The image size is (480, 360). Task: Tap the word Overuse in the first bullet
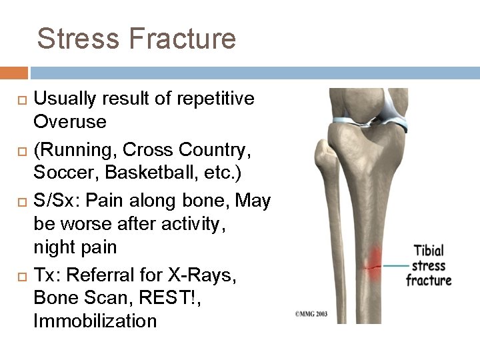(x=70, y=122)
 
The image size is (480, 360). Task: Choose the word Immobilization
(x=95, y=321)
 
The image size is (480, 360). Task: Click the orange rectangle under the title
(x=14, y=73)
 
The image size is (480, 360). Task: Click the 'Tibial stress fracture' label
(x=429, y=265)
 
